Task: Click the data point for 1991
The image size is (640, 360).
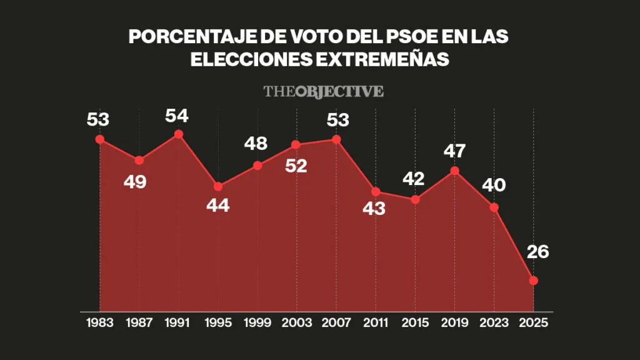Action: [x=179, y=134]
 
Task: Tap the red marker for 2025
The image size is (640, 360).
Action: [x=533, y=281]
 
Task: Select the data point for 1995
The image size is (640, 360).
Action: [x=218, y=186]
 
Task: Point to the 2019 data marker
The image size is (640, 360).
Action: [x=455, y=171]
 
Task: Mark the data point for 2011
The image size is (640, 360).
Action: [x=376, y=192]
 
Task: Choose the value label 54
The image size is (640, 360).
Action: [x=177, y=116]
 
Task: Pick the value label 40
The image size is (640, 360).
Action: [x=494, y=186]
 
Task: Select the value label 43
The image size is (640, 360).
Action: [x=374, y=209]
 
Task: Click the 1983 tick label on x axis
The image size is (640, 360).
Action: [x=101, y=323]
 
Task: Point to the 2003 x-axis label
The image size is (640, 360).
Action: [x=297, y=323]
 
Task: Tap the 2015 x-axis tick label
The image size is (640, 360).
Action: [x=415, y=323]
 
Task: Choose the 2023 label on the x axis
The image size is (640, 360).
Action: [x=494, y=323]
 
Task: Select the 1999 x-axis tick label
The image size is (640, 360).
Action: [x=257, y=323]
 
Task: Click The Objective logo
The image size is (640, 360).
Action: [x=323, y=91]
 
